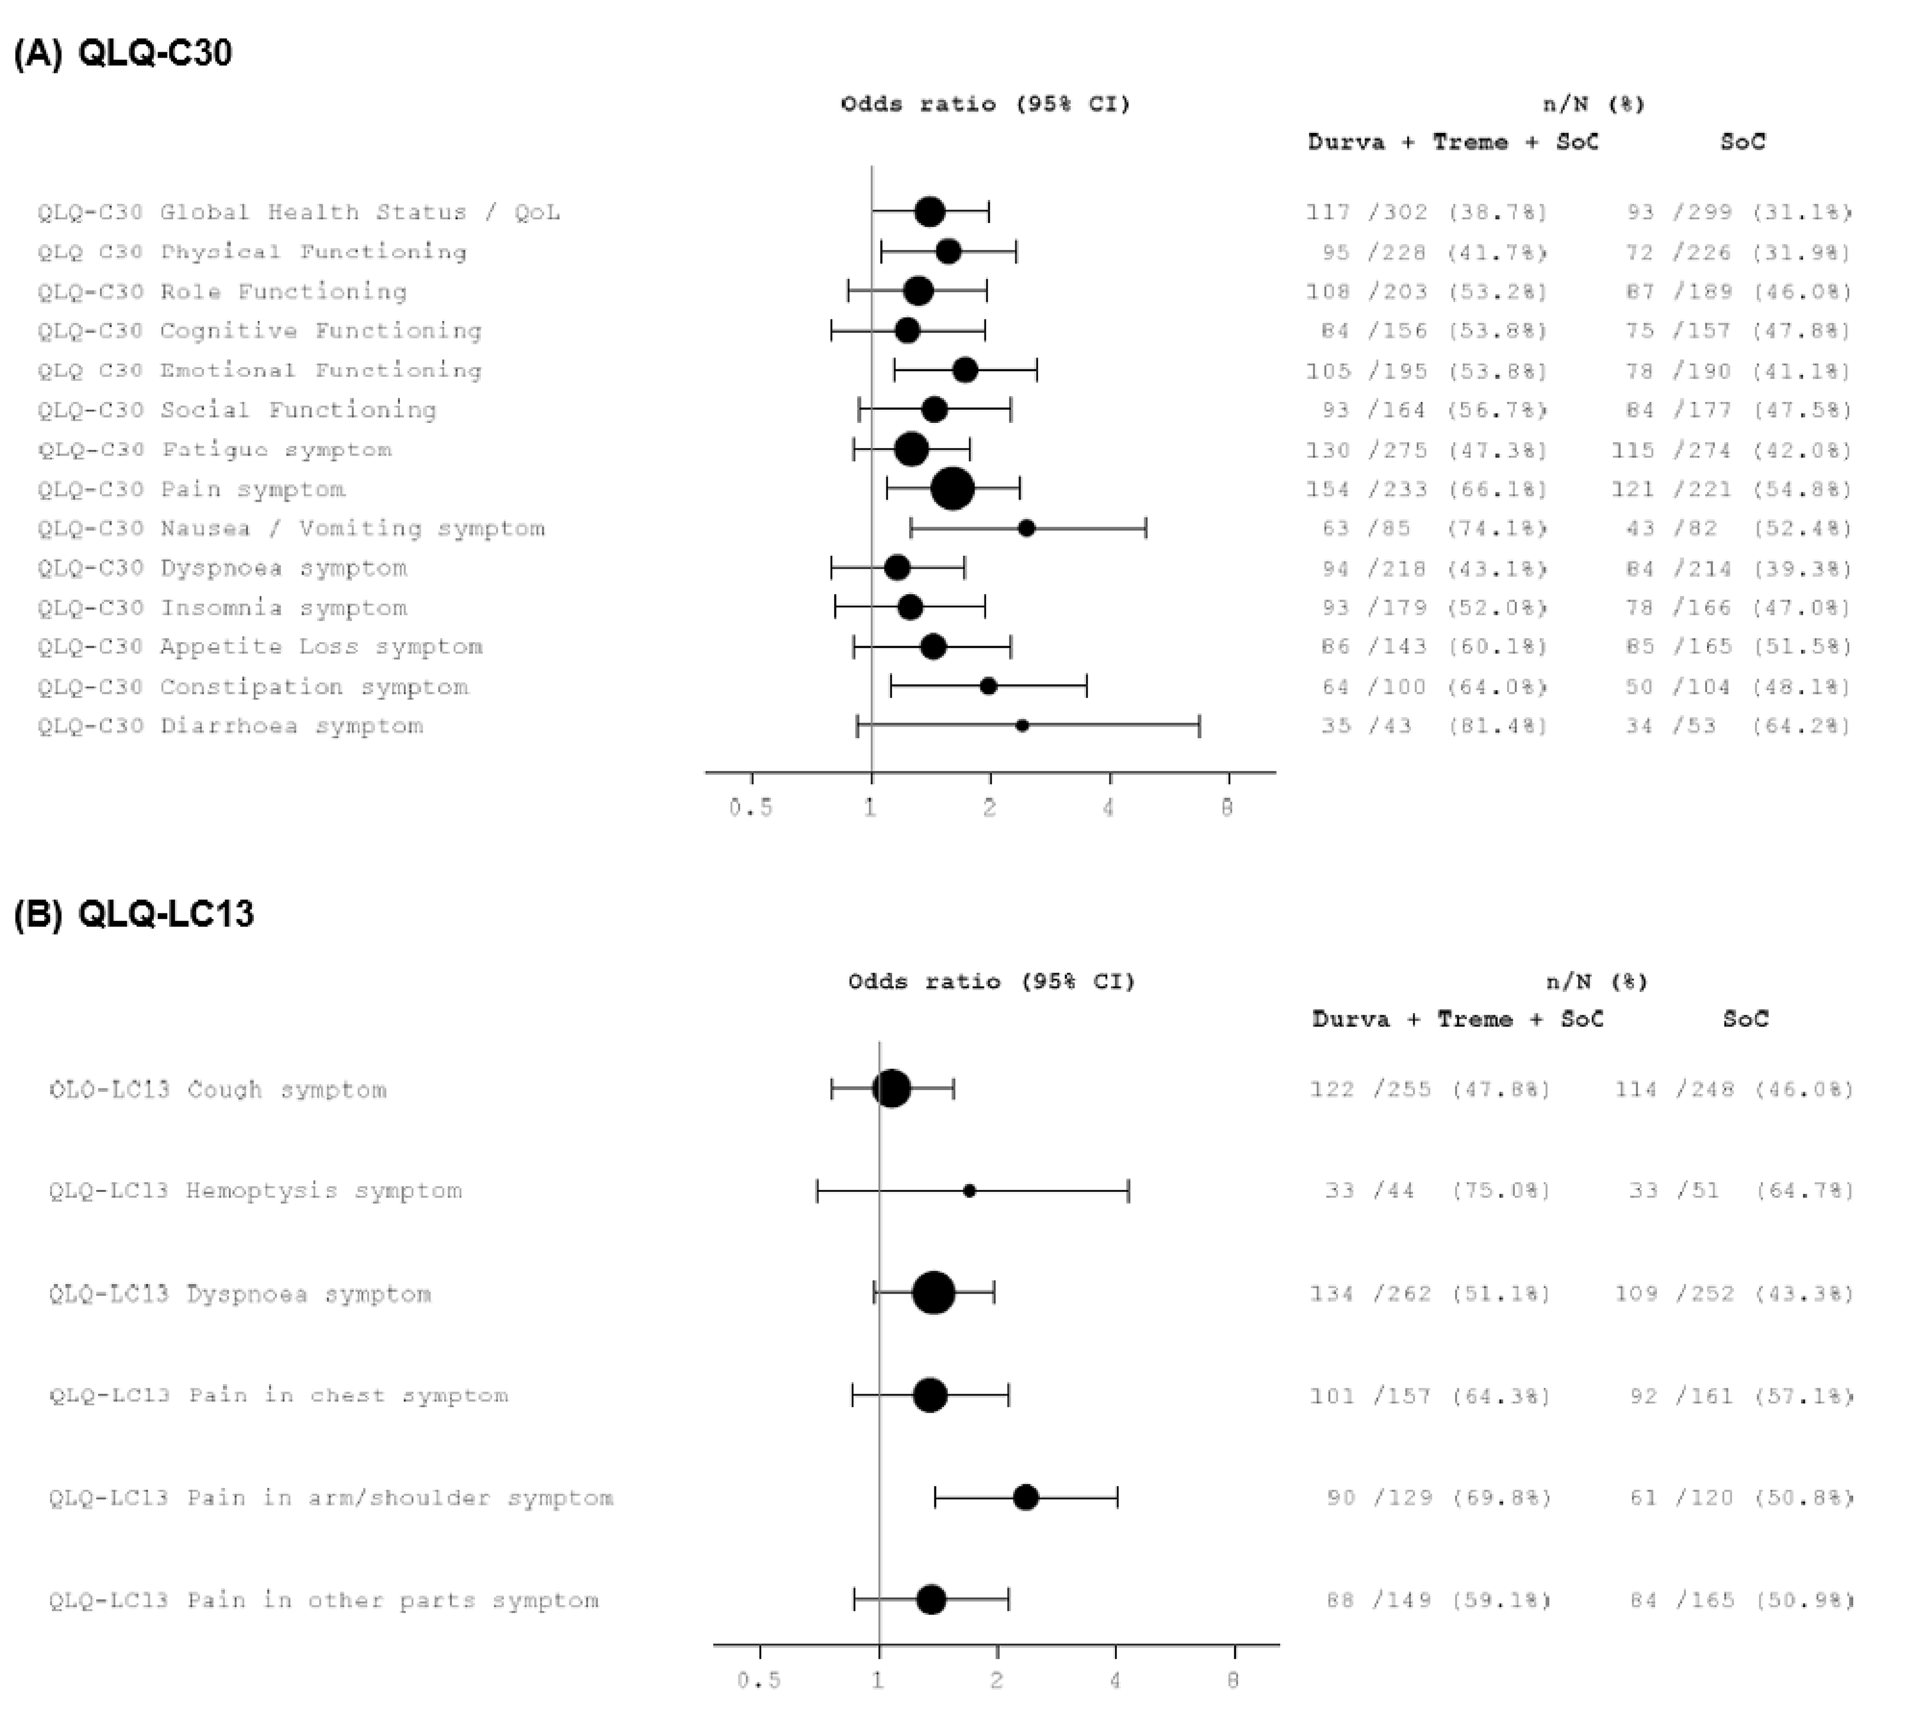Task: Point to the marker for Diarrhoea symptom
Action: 1021,726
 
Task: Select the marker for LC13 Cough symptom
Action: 891,1090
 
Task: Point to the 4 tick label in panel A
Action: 1108,807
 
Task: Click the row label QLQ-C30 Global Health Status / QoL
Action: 299,212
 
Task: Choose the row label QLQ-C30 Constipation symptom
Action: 252,687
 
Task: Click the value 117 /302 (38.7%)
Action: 1426,212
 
